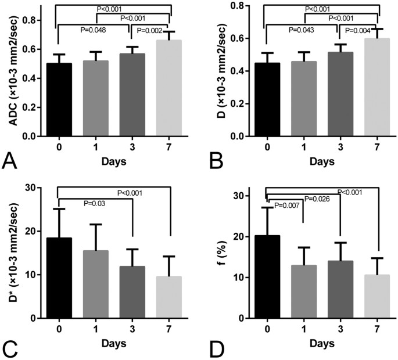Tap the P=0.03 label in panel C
click(x=94, y=203)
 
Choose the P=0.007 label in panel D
click(x=286, y=206)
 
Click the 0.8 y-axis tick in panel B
click(x=243, y=6)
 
